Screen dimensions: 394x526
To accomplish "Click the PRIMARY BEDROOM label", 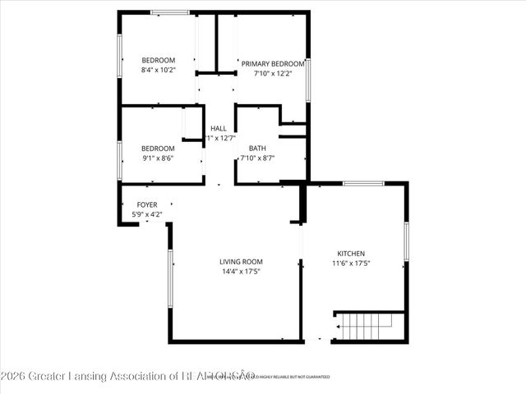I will point(272,63).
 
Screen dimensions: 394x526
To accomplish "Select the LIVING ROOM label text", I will point(235,261).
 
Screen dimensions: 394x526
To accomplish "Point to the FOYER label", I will point(147,204).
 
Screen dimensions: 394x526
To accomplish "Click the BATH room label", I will point(257,149).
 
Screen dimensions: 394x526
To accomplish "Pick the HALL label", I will point(219,128).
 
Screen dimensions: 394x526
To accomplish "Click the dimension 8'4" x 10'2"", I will point(159,70).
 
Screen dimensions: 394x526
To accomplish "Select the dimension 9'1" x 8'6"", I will point(159,158).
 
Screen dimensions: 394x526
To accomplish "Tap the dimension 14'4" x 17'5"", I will point(235,272).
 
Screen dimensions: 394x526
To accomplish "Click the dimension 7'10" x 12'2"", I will point(272,73).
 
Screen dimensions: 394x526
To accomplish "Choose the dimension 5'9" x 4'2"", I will point(147,214).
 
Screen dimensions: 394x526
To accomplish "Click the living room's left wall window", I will point(170,280).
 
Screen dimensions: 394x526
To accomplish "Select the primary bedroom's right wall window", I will point(308,80).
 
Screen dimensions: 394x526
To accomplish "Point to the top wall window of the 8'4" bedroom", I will point(169,12).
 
